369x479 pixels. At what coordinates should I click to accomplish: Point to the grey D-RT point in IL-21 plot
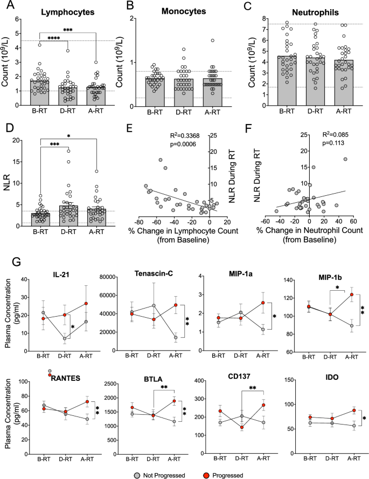[x=64, y=339]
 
